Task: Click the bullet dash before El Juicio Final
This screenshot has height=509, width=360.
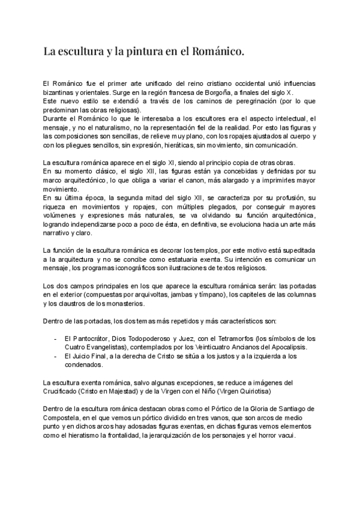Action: tap(56, 355)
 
